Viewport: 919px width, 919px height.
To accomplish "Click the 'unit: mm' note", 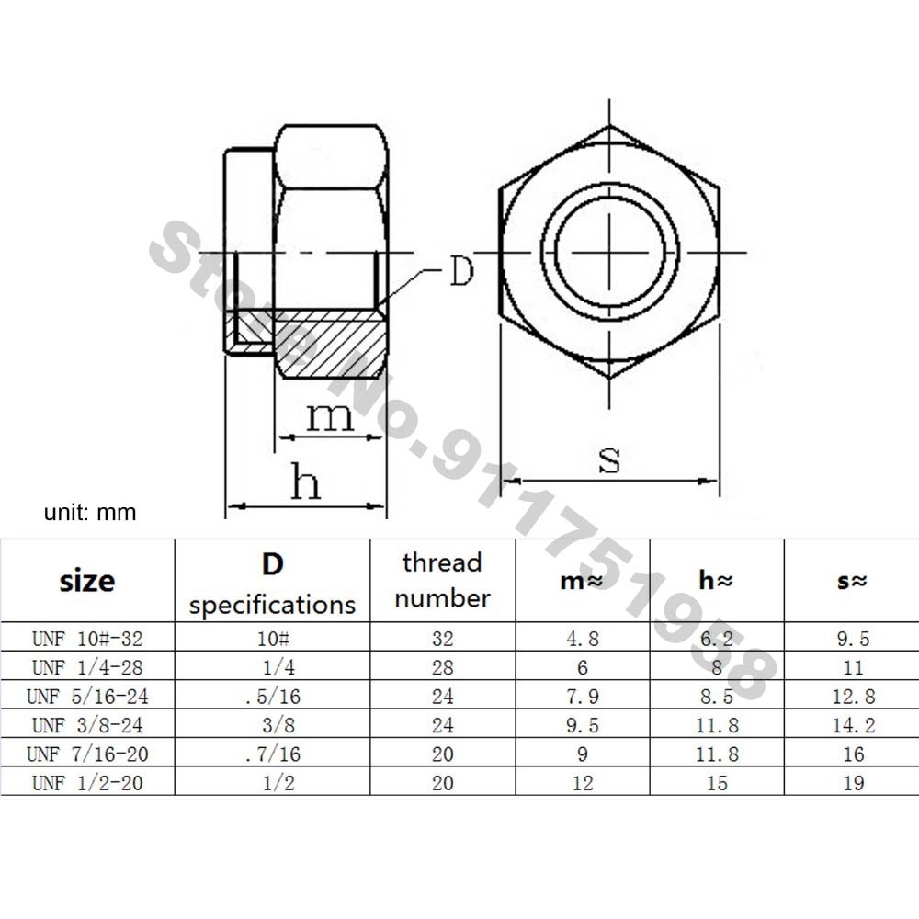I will coord(90,512).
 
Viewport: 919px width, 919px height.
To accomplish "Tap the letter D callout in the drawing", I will coord(460,272).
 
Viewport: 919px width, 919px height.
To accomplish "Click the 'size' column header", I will coord(87,581).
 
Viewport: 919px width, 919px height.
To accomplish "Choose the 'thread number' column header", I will coord(442,580).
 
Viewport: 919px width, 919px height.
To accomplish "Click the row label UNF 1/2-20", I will coord(87,783).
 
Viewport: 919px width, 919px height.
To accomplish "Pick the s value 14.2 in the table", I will coord(853,725).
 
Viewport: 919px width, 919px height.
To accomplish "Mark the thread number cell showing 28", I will coord(442,668).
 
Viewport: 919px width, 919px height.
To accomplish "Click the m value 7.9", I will coord(582,697).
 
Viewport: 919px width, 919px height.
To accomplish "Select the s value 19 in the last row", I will coord(853,783).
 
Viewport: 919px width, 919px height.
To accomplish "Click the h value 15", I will coord(717,783).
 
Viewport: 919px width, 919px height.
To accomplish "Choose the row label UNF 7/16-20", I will coord(87,754).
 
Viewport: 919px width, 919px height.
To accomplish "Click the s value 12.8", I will coord(853,697).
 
